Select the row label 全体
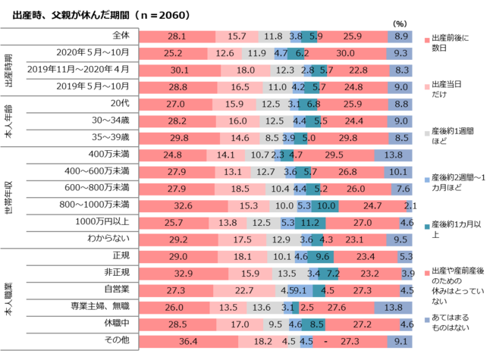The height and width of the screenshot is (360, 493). (x=121, y=36)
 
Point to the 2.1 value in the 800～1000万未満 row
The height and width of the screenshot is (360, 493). (x=410, y=205)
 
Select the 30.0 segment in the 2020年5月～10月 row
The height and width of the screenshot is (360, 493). (x=345, y=53)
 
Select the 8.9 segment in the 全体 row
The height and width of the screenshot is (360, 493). (x=403, y=36)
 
